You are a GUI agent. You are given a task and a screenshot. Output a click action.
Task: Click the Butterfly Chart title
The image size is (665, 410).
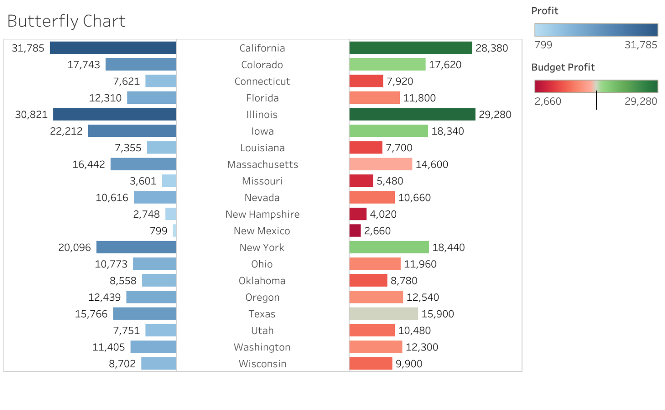[x=66, y=21]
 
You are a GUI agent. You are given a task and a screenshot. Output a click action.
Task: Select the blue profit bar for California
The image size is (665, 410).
[x=112, y=48]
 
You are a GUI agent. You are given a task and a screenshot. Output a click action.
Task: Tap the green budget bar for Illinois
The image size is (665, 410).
[x=412, y=114]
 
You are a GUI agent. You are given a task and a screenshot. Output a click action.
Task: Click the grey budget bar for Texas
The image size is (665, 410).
[x=384, y=314]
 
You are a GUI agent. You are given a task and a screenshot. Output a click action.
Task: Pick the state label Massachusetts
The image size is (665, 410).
[x=262, y=164]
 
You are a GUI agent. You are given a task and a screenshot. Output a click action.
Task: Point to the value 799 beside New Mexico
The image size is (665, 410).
[x=159, y=231]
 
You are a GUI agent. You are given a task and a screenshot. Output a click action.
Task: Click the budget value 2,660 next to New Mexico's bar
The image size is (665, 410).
[x=377, y=231]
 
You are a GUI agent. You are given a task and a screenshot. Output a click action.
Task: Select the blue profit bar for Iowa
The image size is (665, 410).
[x=132, y=131]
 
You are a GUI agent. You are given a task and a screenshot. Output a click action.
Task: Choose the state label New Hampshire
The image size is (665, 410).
[x=262, y=214]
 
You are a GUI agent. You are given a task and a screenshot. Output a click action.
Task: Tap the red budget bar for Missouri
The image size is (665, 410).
[x=361, y=181]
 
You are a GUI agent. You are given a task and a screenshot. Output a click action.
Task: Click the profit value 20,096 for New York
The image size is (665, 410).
[x=75, y=247]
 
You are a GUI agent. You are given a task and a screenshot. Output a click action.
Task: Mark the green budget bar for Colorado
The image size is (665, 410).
[x=387, y=65]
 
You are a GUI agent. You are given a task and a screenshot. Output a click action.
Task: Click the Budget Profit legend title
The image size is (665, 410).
[x=562, y=67]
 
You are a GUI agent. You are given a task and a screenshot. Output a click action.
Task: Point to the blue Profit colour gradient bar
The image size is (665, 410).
[x=596, y=30]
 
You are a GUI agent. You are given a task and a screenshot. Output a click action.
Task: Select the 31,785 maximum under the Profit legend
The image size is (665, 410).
[x=641, y=45]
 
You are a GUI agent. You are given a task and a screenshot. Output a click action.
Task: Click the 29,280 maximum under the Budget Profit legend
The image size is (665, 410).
[x=641, y=101]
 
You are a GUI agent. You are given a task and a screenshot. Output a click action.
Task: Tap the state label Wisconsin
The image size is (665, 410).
[x=262, y=363]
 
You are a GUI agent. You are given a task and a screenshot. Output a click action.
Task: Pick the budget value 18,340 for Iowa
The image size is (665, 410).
[x=448, y=131]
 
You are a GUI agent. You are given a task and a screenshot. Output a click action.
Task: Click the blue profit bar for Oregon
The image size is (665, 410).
[x=151, y=297]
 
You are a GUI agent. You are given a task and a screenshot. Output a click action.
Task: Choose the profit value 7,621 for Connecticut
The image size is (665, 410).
[x=126, y=81]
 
